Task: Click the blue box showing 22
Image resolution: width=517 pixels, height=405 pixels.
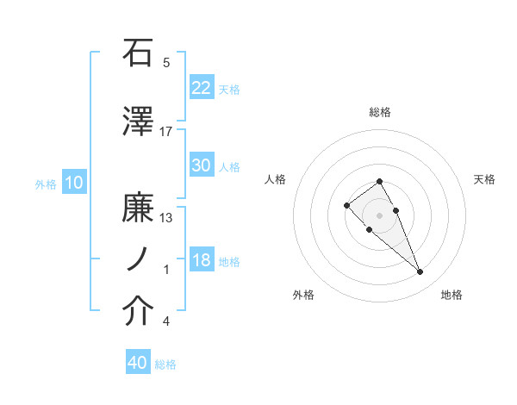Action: pos(202,87)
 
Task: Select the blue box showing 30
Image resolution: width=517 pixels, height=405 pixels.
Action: pos(202,165)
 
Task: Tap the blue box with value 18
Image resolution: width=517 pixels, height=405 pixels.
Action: pos(202,260)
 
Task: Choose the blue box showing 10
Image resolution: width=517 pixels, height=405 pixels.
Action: pos(74,183)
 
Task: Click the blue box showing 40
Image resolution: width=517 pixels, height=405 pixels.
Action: pos(138,363)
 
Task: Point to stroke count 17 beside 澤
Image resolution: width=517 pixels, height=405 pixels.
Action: pos(166,131)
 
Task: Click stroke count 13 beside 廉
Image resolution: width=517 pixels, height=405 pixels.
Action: pos(166,218)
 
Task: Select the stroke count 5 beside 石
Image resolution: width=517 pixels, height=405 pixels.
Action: pos(166,62)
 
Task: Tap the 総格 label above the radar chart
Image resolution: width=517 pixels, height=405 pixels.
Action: pos(380,112)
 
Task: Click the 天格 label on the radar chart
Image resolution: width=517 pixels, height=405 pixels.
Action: pos(485,179)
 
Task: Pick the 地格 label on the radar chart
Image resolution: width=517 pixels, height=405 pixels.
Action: pos(452,295)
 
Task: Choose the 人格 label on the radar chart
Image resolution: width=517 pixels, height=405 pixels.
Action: pos(276,179)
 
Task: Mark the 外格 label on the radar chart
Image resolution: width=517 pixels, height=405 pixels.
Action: pos(303,295)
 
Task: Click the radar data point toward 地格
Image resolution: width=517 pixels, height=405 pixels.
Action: pos(420,272)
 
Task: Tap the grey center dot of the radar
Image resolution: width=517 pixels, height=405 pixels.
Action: pos(379,215)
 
